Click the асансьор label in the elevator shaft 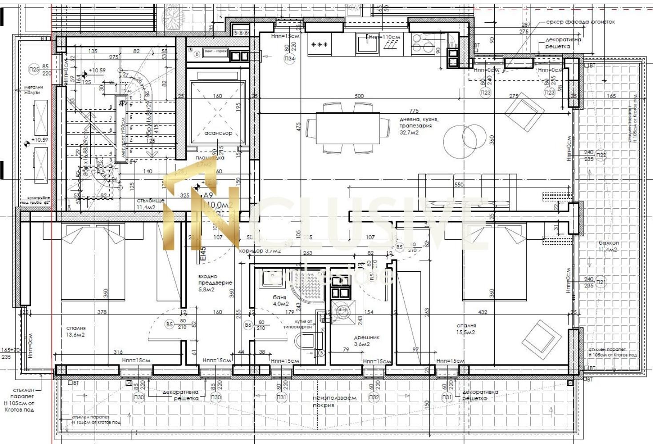tap(218, 133)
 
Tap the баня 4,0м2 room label tap(280, 301)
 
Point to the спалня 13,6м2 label tap(75, 331)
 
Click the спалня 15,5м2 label tap(465, 329)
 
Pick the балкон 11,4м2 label tap(608, 246)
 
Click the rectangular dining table tap(348, 128)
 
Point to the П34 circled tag tap(290, 58)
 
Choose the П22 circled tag tap(601, 155)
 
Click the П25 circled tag tap(34, 69)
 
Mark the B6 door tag tap(248, 325)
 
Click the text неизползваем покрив tap(334, 401)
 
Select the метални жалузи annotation tap(33, 90)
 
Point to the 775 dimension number tap(414, 111)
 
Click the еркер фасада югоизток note tap(580, 22)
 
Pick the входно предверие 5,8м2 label tap(215, 283)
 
